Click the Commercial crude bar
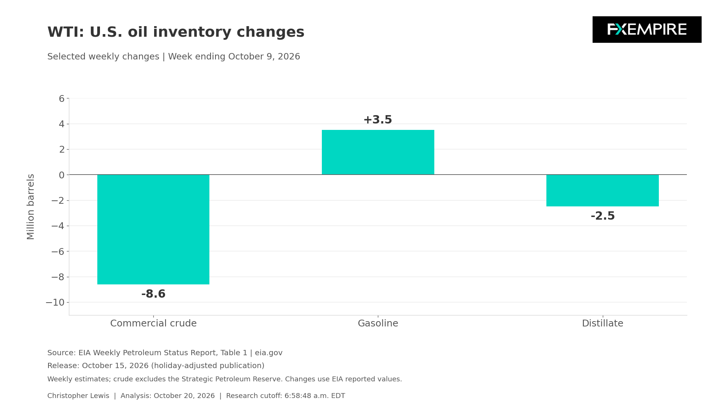[x=153, y=229]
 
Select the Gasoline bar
[x=378, y=152]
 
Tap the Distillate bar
[x=602, y=190]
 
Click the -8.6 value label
[x=153, y=294]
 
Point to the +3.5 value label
[x=378, y=120]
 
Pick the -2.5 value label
[x=603, y=216]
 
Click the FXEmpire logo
[x=647, y=30]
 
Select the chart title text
[x=176, y=32]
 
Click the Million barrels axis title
[x=31, y=207]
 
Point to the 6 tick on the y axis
[x=62, y=99]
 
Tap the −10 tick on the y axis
[x=55, y=303]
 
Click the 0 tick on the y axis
[x=62, y=175]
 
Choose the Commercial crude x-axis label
[x=153, y=323]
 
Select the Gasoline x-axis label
[x=378, y=323]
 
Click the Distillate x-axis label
[x=602, y=323]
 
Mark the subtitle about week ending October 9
[x=174, y=57]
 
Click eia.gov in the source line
[x=268, y=353]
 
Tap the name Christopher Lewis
[x=78, y=396]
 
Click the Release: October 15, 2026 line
[x=156, y=366]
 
